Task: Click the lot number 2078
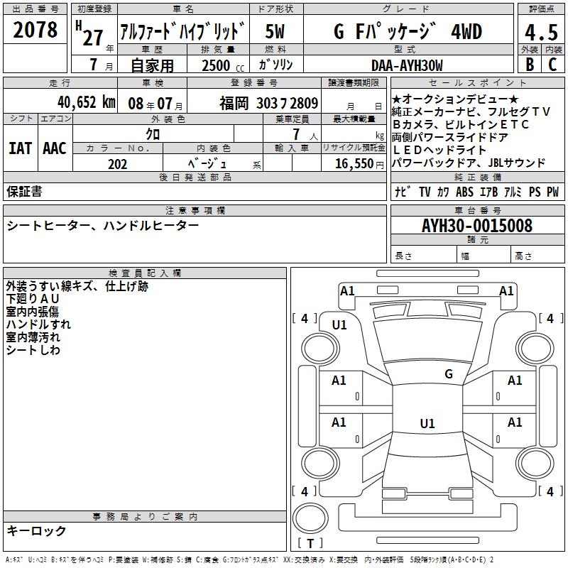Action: [x=35, y=30]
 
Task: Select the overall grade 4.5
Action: [x=541, y=33]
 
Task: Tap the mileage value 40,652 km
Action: [x=87, y=102]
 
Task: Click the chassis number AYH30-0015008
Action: [x=477, y=226]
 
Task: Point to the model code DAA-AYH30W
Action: [x=407, y=65]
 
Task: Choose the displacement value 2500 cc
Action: [x=223, y=65]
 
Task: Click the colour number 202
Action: [x=117, y=164]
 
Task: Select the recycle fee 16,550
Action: [x=354, y=164]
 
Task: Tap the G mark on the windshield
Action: [x=449, y=373]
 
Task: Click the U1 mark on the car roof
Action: [x=427, y=423]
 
